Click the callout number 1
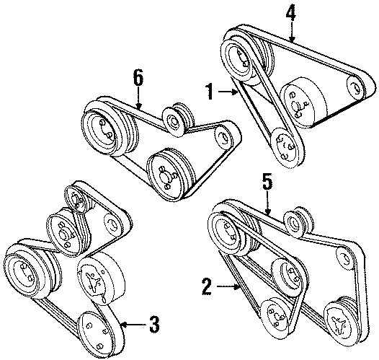209,91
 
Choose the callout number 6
139,76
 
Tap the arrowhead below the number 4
291,38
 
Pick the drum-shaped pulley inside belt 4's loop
304,103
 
